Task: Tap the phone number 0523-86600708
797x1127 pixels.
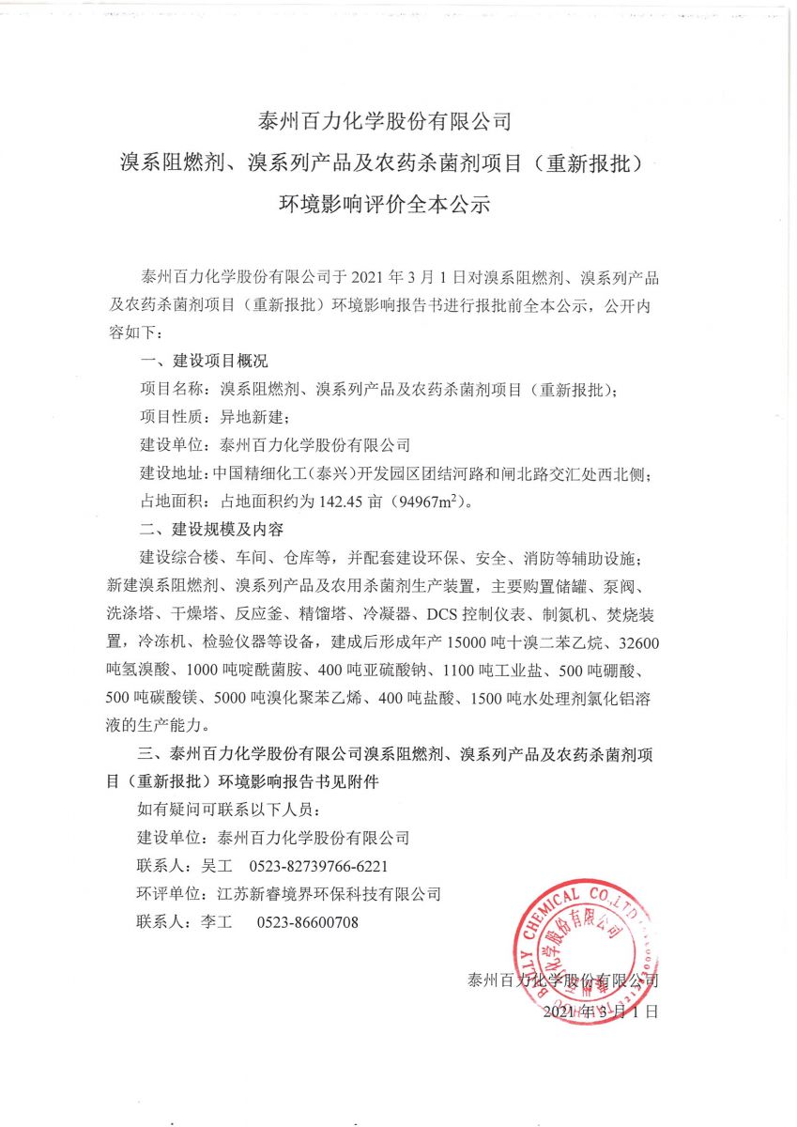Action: point(308,922)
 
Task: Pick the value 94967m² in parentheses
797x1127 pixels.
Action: point(433,502)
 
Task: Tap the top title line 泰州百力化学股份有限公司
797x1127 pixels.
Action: point(385,121)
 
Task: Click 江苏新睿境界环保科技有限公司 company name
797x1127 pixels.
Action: point(329,894)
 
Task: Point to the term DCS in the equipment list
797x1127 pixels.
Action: point(446,615)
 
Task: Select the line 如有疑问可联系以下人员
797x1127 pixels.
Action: point(228,810)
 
